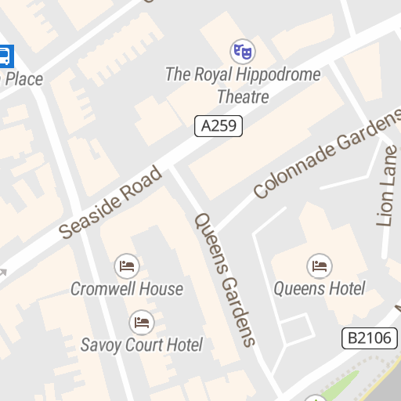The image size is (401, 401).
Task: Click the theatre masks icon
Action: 243,52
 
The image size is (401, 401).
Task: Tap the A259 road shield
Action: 219,125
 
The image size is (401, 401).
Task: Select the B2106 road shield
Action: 370,338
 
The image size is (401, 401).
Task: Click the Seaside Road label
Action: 112,202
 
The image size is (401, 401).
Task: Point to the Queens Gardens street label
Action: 226,279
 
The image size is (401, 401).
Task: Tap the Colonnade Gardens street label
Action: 327,154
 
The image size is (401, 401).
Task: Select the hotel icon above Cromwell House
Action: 126,266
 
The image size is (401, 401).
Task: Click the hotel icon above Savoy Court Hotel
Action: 142,322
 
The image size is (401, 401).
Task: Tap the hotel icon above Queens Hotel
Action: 319,266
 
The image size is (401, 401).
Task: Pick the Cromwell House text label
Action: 127,289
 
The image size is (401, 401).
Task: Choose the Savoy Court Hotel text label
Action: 142,345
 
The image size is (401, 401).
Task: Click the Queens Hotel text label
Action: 319,288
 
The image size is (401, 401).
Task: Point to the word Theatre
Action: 243,97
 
